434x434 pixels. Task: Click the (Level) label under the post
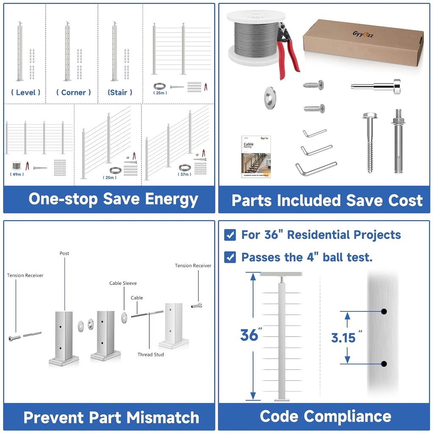click(26, 92)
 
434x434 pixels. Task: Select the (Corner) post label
click(73, 92)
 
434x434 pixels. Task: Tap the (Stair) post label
click(120, 92)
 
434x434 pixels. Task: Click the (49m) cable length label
click(17, 174)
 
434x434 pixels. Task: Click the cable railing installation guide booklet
click(256, 156)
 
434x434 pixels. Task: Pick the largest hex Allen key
click(315, 168)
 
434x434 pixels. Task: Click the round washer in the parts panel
click(270, 97)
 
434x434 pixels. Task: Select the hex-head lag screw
click(370, 140)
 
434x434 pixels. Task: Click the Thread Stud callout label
click(150, 354)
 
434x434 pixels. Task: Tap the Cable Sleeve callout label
click(123, 283)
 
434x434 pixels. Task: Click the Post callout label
click(64, 253)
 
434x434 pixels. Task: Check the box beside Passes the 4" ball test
click(230, 257)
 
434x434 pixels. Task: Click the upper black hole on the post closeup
click(384, 312)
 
